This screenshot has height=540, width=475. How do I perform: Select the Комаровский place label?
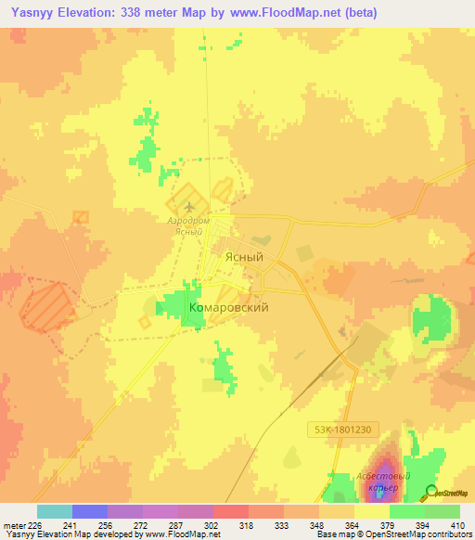point(228,307)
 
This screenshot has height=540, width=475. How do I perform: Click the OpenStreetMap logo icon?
point(430,494)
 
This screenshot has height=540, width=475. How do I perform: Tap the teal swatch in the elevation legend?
point(54,511)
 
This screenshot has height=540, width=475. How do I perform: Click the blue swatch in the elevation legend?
point(89,511)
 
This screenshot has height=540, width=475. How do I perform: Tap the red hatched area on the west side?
point(46,307)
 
